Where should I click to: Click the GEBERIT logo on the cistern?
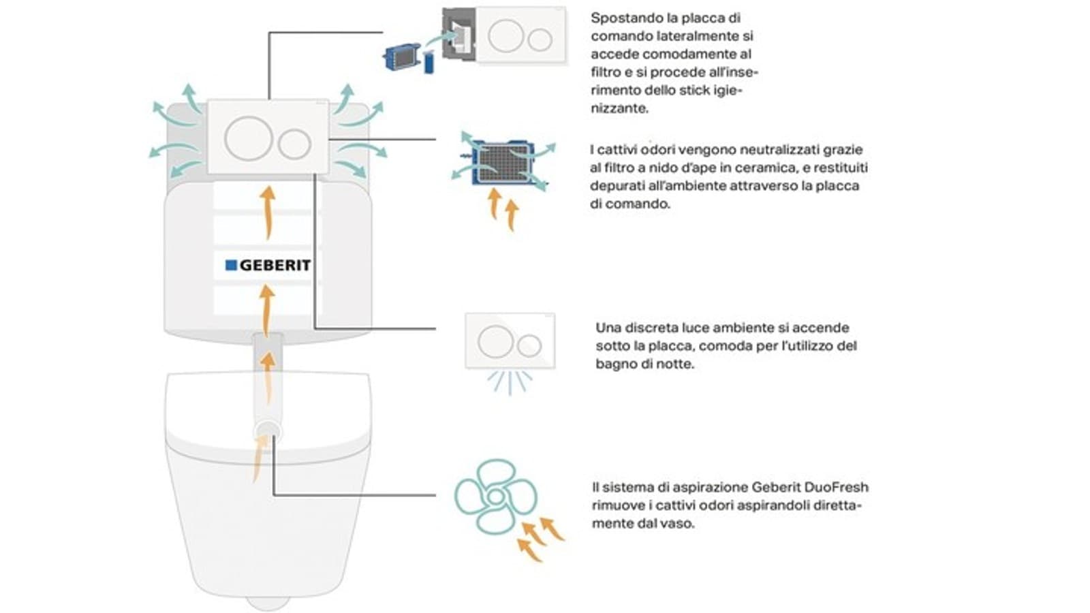point(268,265)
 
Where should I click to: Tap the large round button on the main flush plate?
point(249,138)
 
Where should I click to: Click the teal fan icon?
point(495,496)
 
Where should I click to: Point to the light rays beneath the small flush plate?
point(510,383)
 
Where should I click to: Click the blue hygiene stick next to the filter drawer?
point(429,63)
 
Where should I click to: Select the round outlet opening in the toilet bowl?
point(266,430)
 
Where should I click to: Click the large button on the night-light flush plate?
point(495,341)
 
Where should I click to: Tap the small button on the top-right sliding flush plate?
point(540,40)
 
